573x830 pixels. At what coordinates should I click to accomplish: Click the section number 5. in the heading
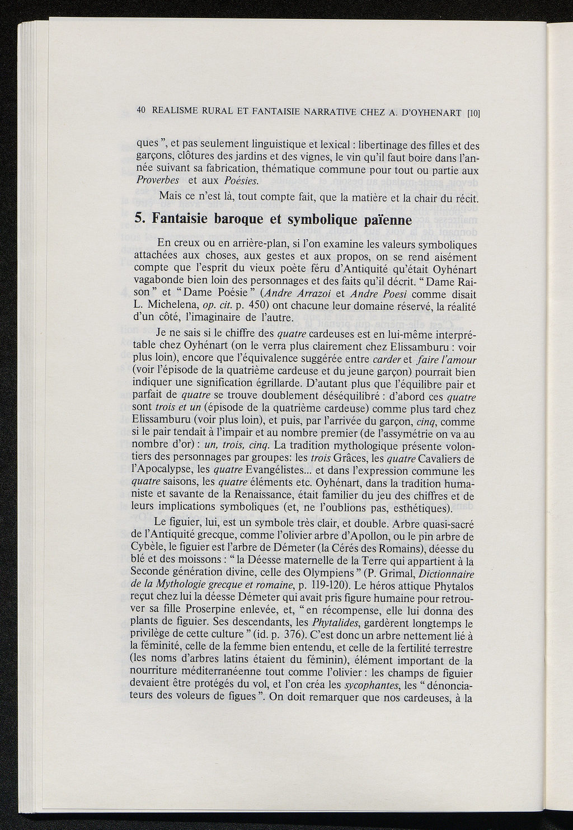pos(140,219)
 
